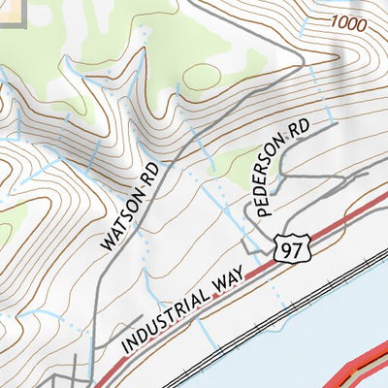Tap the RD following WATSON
click(x=150, y=175)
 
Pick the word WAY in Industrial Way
click(x=224, y=281)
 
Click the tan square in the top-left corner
click(x=12, y=10)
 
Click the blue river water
click(x=310, y=330)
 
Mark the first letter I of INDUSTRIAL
click(x=125, y=347)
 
